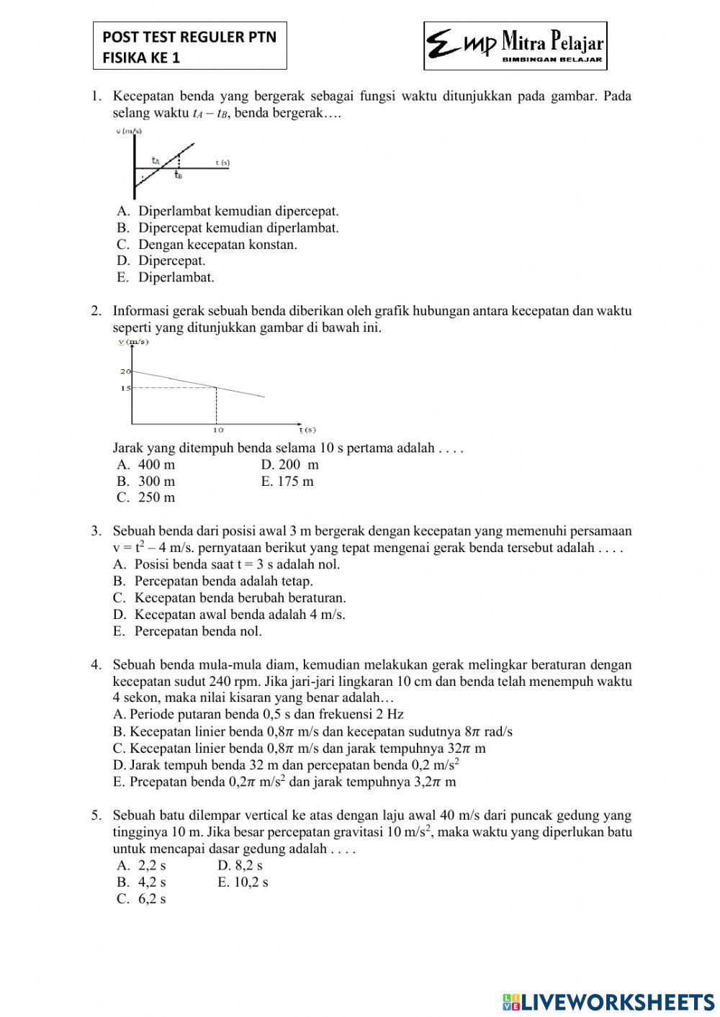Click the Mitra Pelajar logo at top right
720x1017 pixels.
(515, 46)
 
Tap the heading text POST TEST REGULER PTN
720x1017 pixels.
(189, 37)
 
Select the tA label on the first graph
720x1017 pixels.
(156, 161)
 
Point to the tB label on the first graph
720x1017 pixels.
(178, 175)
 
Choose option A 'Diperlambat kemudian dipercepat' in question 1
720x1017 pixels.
(238, 212)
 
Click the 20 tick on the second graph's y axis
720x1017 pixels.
(125, 371)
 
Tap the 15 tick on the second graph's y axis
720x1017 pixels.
(125, 389)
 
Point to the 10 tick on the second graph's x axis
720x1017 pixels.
(217, 430)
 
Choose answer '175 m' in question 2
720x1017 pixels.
(295, 482)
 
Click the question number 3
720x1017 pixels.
(96, 531)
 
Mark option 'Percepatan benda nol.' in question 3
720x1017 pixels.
(198, 631)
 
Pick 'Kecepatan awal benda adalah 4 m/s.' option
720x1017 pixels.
(240, 615)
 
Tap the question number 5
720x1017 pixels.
(96, 815)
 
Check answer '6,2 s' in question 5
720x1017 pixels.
(152, 899)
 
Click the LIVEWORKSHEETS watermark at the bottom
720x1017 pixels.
(608, 1002)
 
